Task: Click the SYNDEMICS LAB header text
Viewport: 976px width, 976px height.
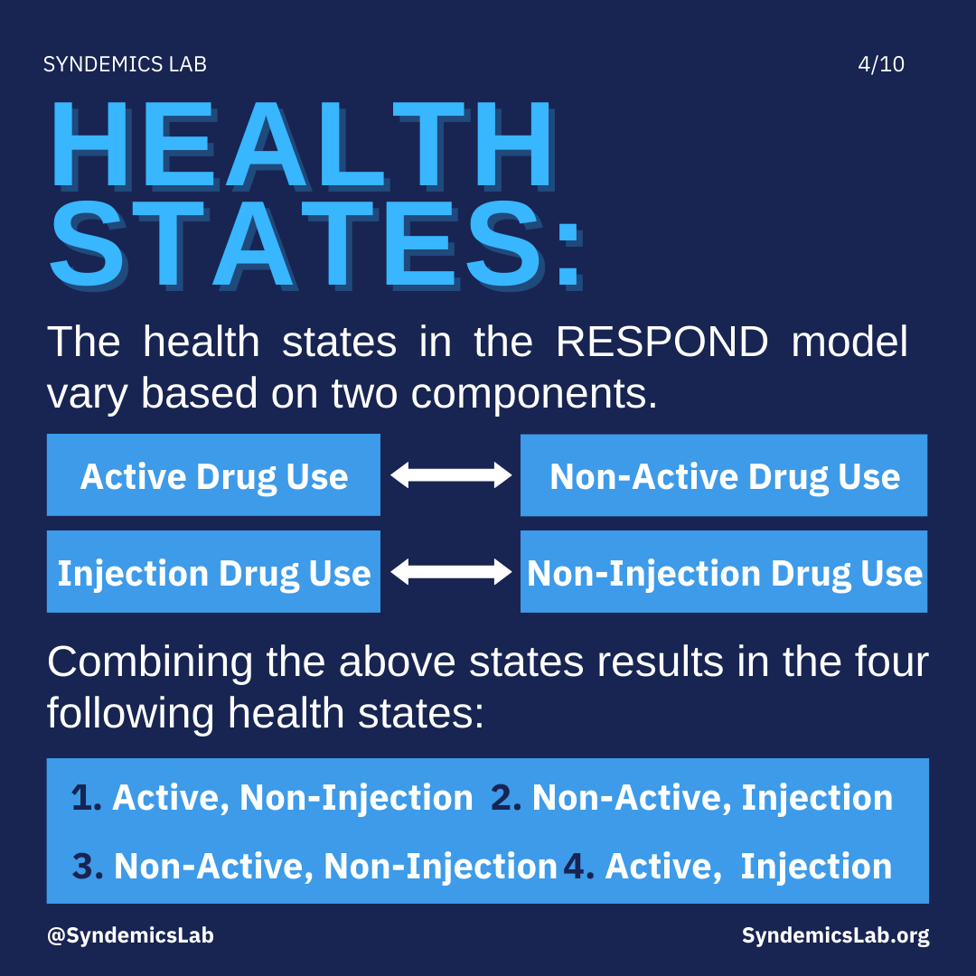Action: pos(125,64)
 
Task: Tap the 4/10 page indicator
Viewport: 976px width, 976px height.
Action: pos(881,64)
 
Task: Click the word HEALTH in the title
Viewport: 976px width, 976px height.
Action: pos(303,145)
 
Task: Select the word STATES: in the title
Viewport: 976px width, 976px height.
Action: pos(316,244)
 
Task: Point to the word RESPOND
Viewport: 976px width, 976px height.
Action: pos(662,342)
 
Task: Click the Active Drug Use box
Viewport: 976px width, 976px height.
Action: pos(213,475)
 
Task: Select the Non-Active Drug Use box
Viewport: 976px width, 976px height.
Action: pos(724,475)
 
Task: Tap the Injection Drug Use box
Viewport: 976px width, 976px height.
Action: pos(213,571)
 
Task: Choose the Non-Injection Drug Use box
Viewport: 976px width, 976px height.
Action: pos(724,571)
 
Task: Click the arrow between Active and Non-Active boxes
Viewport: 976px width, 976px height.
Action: pos(451,475)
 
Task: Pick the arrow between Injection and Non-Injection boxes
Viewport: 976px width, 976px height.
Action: pos(451,571)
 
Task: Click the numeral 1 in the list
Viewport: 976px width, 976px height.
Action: pos(81,798)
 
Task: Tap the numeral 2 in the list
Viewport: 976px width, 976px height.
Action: pos(502,798)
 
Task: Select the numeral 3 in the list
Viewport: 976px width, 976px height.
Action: pos(83,867)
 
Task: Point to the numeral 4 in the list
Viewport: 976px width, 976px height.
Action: pos(574,867)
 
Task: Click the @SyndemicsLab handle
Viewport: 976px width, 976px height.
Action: pos(130,935)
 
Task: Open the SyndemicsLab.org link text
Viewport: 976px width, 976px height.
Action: pos(835,935)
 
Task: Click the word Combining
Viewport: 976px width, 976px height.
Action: pos(150,662)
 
